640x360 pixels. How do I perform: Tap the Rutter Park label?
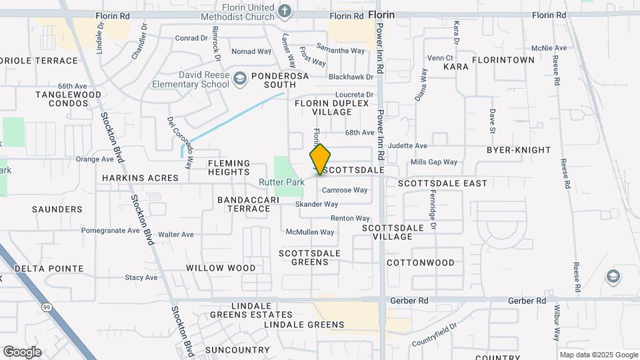(282, 182)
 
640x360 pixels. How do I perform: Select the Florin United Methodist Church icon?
(285, 11)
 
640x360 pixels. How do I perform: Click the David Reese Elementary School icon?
(239, 80)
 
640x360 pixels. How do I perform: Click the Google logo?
(22, 352)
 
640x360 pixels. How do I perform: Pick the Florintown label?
(503, 60)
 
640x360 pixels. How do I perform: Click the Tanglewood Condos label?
(69, 99)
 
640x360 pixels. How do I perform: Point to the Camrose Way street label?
(345, 190)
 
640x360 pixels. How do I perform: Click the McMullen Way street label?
(310, 232)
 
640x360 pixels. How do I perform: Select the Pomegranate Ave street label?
(111, 231)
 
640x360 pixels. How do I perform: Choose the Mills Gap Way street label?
(434, 162)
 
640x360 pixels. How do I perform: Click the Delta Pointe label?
(49, 269)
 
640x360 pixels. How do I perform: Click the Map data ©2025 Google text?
(599, 355)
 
